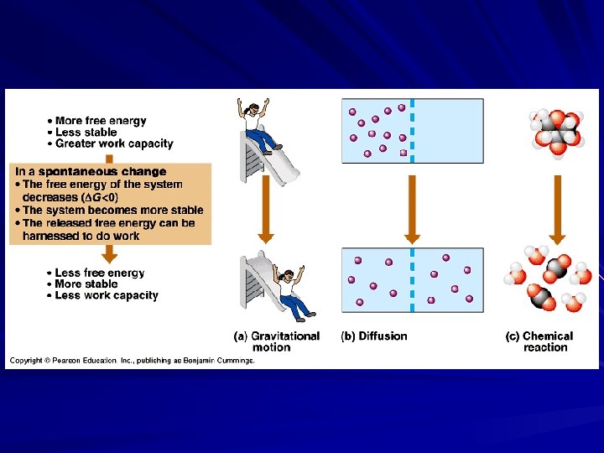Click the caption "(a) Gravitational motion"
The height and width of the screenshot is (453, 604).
277,341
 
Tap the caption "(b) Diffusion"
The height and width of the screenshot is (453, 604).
374,336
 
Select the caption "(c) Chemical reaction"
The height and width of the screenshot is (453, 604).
539,341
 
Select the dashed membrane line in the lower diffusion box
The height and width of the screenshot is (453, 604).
412,281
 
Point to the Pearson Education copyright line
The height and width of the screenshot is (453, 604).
132,361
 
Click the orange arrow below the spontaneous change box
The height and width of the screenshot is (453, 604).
109,253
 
